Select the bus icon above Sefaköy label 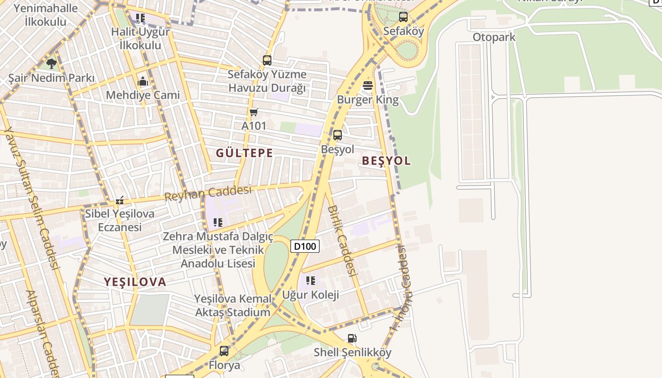click(x=403, y=17)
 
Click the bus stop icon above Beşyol click(x=337, y=135)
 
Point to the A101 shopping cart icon click(x=254, y=112)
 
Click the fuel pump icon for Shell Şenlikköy click(x=352, y=338)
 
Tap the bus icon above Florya click(x=224, y=351)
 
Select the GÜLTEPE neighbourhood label click(x=244, y=153)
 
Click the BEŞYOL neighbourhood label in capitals click(x=386, y=161)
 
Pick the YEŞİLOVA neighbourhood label click(x=135, y=282)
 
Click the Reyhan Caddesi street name click(x=208, y=193)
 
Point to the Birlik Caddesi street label click(x=341, y=241)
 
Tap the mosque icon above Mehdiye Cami click(x=142, y=81)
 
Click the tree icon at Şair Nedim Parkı click(x=52, y=63)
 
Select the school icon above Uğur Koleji click(x=311, y=281)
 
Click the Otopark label click(x=494, y=37)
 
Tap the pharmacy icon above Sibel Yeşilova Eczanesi click(x=120, y=200)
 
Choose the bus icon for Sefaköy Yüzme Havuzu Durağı click(x=267, y=60)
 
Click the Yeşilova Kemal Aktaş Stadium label click(x=233, y=305)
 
